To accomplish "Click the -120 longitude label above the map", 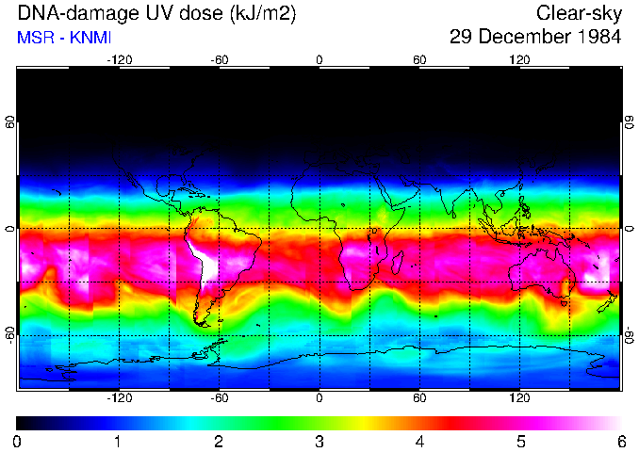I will pyautogui.click(x=119, y=59).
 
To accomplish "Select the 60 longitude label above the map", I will pyautogui.click(x=419, y=59).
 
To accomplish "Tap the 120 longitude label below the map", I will pyautogui.click(x=519, y=397).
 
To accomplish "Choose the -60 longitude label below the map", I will pyautogui.click(x=219, y=397).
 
